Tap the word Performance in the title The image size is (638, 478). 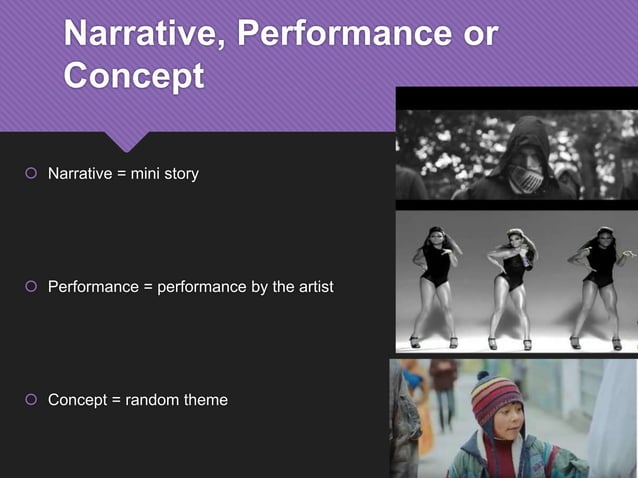pyautogui.click(x=342, y=34)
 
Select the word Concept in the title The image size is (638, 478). pyautogui.click(x=134, y=76)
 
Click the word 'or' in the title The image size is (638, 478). pyautogui.click(x=476, y=34)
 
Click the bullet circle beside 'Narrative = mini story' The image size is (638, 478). pyautogui.click(x=31, y=175)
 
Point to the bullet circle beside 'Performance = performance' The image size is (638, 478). pyautogui.click(x=31, y=288)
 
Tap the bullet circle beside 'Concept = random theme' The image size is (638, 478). pyautogui.click(x=31, y=401)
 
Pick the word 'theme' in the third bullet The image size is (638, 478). pyautogui.click(x=203, y=401)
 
